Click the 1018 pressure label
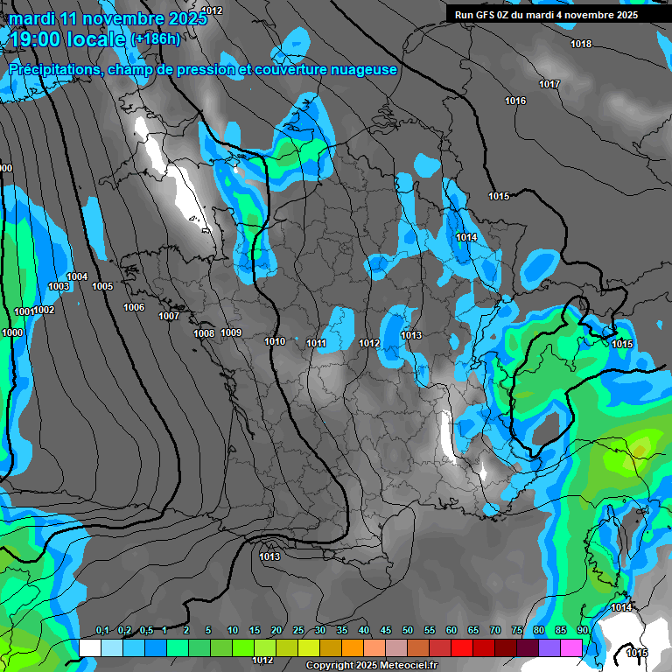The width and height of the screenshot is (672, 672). coord(581,44)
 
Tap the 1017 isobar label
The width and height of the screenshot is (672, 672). coord(549,84)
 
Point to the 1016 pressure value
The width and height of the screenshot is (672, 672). coord(515,101)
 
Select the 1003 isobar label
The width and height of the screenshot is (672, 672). coord(59,287)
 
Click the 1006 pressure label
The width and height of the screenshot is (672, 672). coord(134,307)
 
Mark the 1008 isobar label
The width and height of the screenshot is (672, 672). coord(204,333)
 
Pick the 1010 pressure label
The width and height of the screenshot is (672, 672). coord(275,341)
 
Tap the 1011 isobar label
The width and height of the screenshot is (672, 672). coord(316,343)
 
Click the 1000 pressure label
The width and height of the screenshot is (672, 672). coord(12,332)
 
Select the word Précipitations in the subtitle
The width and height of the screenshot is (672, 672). coord(52,70)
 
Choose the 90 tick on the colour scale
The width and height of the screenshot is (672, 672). coord(583,630)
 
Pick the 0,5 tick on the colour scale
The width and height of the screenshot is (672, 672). coord(146,630)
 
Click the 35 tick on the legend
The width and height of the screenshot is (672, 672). coord(342,630)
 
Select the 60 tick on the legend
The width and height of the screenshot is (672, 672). coord(451,630)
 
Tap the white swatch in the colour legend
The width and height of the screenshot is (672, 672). coord(89,647)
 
